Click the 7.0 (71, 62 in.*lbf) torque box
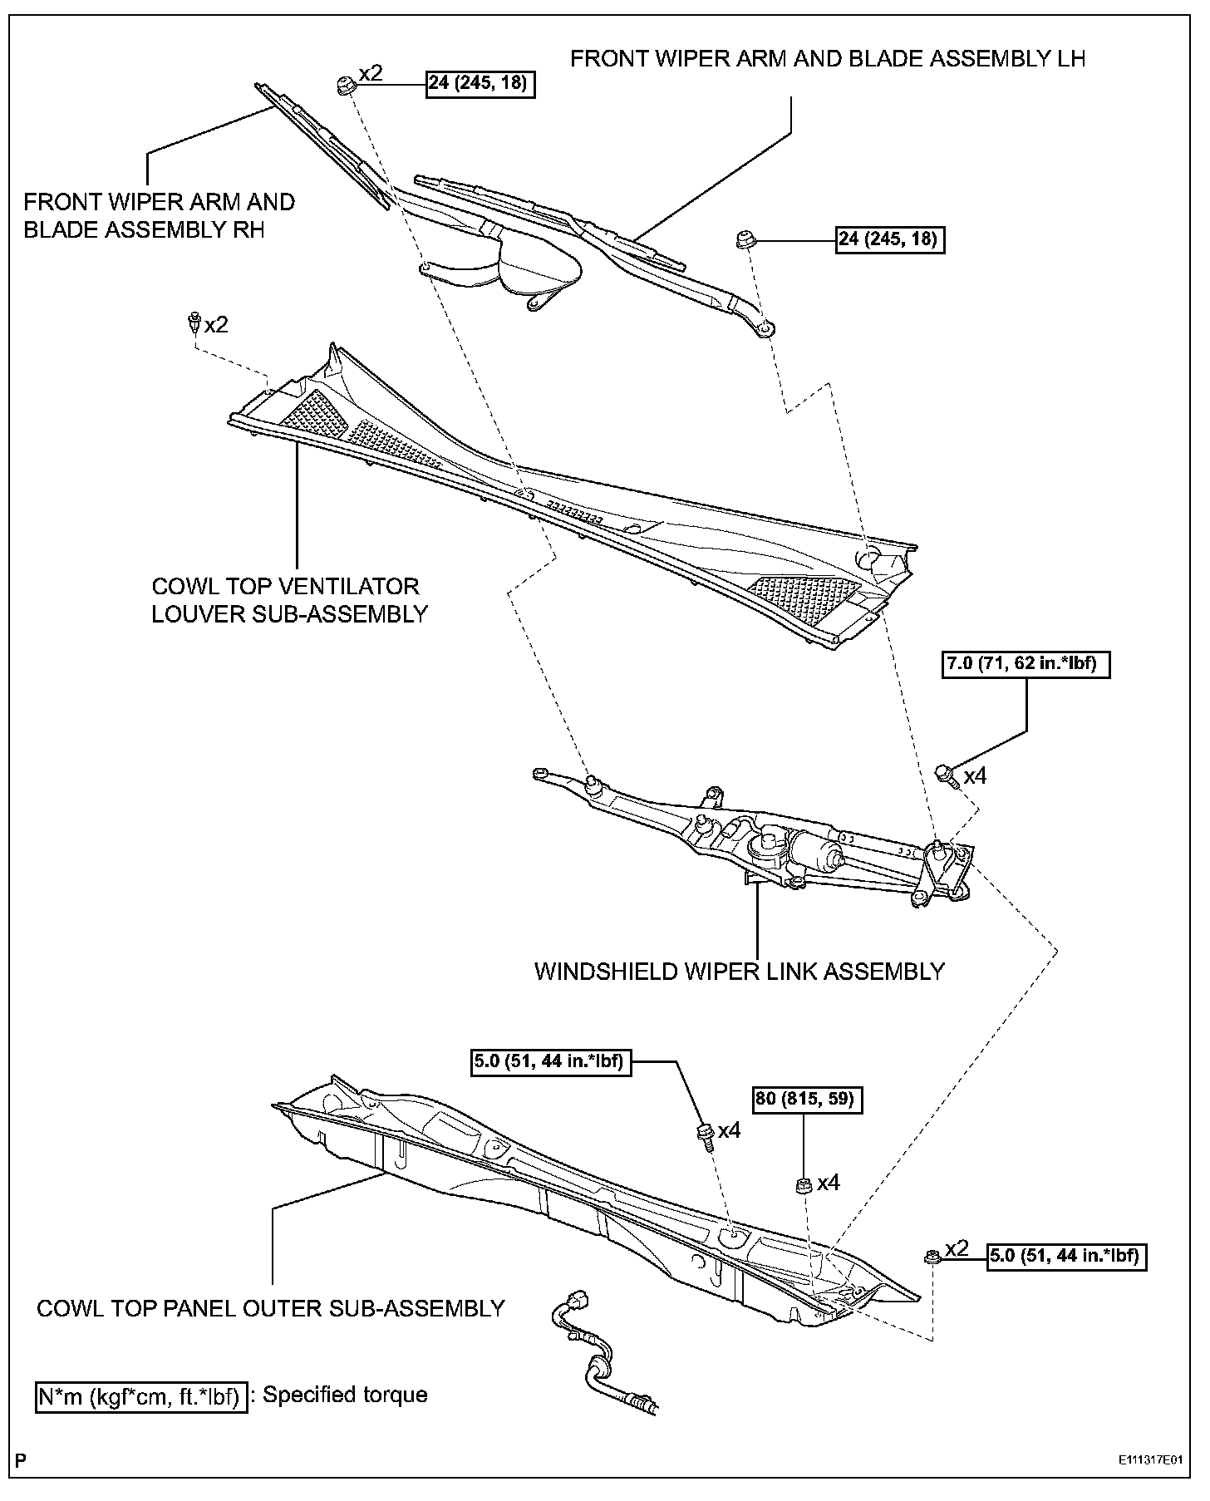[x=1026, y=664]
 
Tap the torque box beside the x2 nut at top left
[x=480, y=84]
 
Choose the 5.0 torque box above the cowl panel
[x=549, y=1061]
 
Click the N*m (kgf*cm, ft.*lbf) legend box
[x=141, y=1395]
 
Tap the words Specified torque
[x=345, y=1394]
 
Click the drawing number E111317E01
[x=1149, y=1460]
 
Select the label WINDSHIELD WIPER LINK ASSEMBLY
[x=739, y=971]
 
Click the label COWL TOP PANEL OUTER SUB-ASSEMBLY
[x=271, y=1308]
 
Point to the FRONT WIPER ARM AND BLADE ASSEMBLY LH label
[x=827, y=59]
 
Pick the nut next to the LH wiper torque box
[x=745, y=242]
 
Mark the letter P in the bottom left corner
[x=20, y=1459]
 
